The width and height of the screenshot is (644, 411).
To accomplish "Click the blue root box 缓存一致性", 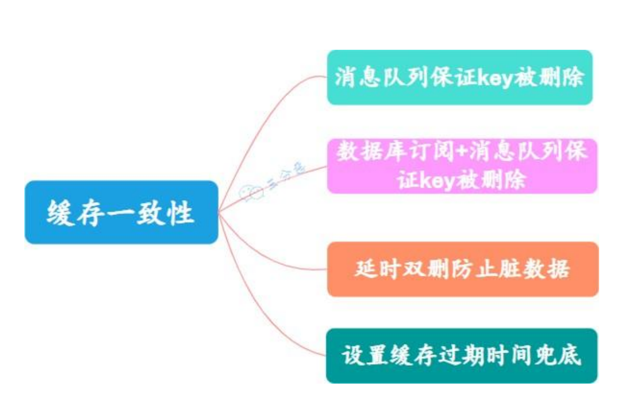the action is (x=121, y=212).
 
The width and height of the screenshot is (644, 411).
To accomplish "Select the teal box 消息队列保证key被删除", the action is (x=460, y=77).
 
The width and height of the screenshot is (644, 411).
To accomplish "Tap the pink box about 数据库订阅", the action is (x=462, y=166).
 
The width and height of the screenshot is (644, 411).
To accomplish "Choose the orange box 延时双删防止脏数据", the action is (x=462, y=269).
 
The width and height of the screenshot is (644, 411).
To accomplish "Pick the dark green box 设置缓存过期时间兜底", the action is (x=462, y=356).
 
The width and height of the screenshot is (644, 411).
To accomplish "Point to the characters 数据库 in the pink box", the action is (x=370, y=151).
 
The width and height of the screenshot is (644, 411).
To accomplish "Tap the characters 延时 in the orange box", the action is (x=377, y=269).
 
